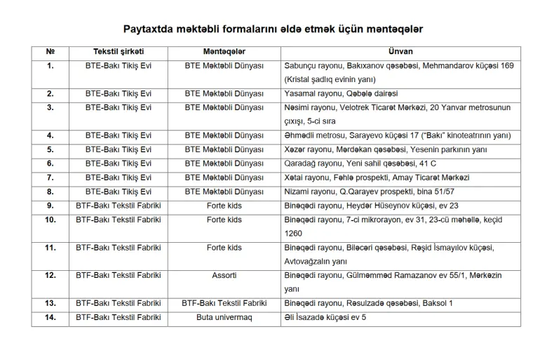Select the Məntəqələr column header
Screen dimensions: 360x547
[x=224, y=52]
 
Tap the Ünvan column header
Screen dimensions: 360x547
[x=400, y=52]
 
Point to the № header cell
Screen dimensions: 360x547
[x=50, y=52]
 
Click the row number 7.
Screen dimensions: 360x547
[x=50, y=177]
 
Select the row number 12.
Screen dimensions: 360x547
[x=50, y=275]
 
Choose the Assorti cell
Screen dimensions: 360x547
[x=224, y=275]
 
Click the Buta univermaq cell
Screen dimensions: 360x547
[x=224, y=317]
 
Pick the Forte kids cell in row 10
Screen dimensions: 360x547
[x=224, y=220]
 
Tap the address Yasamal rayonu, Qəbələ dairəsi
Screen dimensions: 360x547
[x=341, y=93]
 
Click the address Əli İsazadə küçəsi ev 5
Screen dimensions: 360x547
[x=325, y=317]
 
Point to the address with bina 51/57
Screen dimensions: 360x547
[x=370, y=191]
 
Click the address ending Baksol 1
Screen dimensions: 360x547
[x=369, y=303]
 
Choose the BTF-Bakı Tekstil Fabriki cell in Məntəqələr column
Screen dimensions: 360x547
[x=224, y=303]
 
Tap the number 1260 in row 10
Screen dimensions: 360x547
[x=293, y=232]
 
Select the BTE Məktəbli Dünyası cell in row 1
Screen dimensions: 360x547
[x=224, y=65]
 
